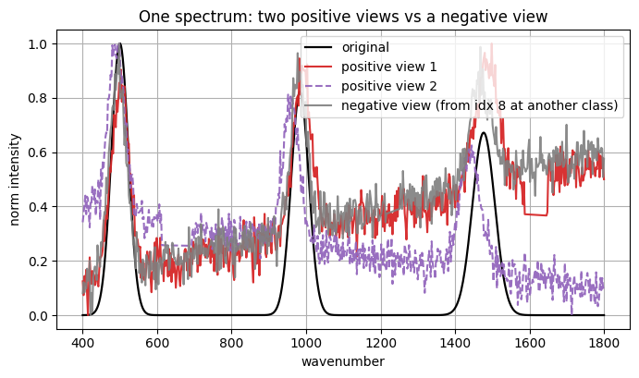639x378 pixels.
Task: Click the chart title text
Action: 342,16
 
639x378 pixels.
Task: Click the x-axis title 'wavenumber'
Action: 342,361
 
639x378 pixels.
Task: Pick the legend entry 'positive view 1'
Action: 389,67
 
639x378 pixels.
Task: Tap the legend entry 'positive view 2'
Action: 389,86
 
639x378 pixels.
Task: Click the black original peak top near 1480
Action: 483,133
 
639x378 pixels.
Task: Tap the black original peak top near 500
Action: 119,44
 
